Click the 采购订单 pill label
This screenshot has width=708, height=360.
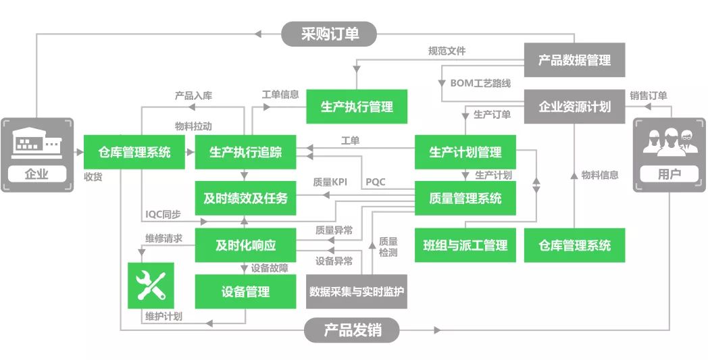(329, 34)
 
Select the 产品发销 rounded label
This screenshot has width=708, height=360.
(352, 330)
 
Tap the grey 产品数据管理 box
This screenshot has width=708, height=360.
(574, 60)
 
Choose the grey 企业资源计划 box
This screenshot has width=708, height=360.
(574, 107)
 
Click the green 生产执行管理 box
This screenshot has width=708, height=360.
(357, 107)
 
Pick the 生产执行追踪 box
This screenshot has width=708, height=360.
(246, 152)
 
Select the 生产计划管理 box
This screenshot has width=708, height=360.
(465, 152)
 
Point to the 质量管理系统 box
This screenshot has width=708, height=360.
(465, 199)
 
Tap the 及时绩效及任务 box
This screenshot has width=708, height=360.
(246, 199)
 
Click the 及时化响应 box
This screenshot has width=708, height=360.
(246, 245)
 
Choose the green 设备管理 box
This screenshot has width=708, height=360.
(246, 292)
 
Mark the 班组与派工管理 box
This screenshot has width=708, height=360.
(465, 245)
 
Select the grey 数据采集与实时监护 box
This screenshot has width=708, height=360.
(357, 292)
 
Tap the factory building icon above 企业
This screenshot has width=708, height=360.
(36, 143)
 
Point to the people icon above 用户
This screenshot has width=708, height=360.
(669, 141)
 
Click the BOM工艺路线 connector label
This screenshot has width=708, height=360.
(480, 83)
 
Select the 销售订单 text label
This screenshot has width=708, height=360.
(649, 96)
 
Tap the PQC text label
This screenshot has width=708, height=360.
(375, 182)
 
